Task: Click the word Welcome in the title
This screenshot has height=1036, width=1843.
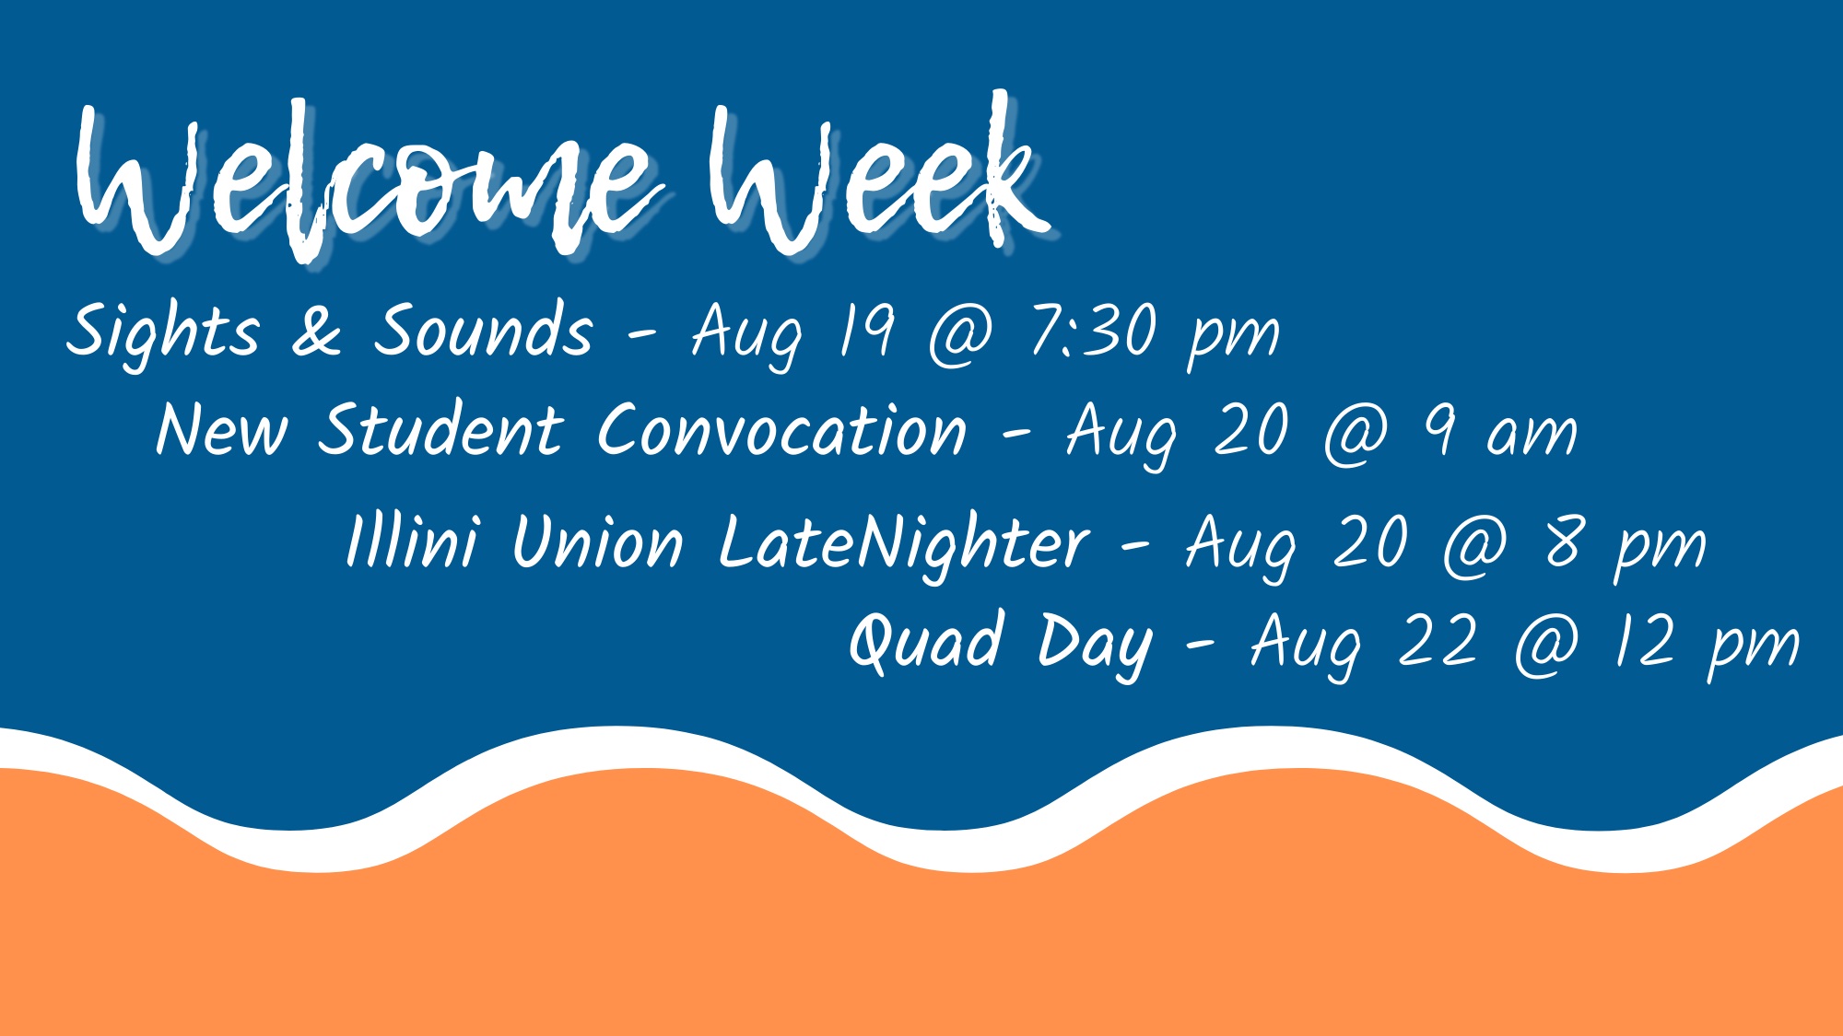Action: pos(369,184)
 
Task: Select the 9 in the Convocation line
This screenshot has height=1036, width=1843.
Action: pos(1440,431)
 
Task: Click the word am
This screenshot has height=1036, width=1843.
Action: pos(1532,435)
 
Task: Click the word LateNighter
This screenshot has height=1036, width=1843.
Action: pos(903,543)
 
